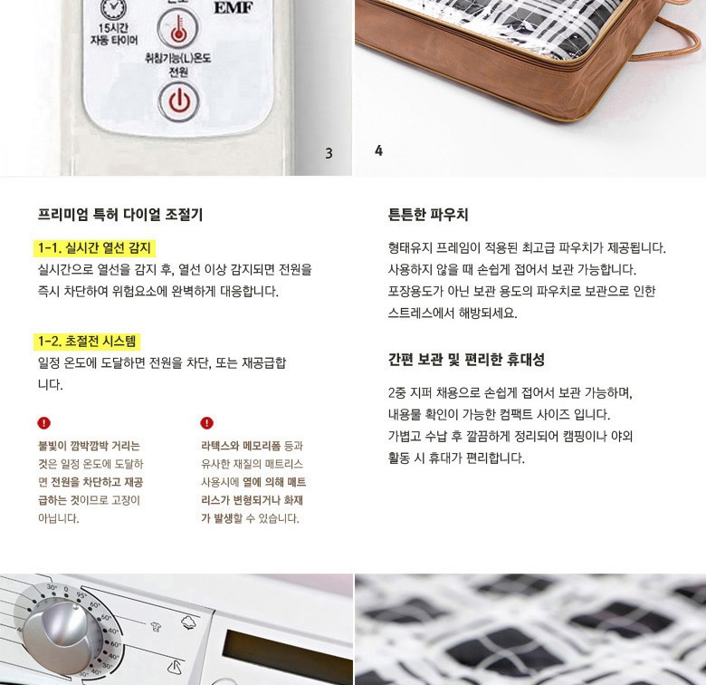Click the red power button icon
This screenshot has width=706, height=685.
point(178,101)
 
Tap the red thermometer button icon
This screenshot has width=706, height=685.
point(178,27)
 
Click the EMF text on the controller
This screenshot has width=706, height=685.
point(234,6)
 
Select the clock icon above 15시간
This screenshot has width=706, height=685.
point(113,9)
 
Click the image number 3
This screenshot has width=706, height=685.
point(329,153)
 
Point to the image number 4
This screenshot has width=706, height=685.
point(378,150)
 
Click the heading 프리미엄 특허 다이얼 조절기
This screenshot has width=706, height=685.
point(120,214)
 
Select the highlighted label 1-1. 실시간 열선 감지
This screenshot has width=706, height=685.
point(94,248)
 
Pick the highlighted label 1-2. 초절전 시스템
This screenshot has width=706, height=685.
point(87,342)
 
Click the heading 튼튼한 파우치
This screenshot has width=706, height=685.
point(428,214)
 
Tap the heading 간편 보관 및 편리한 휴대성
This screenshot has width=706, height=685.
point(466,360)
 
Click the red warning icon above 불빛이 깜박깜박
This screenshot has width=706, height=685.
point(43,423)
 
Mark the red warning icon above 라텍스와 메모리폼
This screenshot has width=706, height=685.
point(206,423)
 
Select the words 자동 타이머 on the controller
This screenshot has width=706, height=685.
point(114,41)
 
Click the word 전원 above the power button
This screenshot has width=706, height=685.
point(178,72)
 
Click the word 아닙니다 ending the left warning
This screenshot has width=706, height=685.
point(59,518)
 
